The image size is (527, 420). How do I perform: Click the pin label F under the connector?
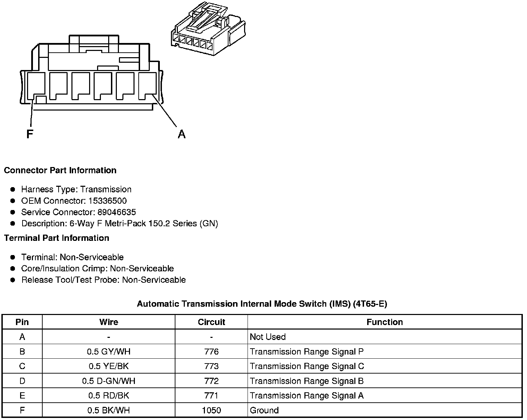point(30,134)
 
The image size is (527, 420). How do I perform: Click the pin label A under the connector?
point(181,134)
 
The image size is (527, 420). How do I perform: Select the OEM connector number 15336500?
point(107,201)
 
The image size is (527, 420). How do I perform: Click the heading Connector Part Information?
point(60,170)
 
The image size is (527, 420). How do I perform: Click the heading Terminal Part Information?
point(57,238)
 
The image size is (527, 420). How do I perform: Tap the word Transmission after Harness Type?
point(106,190)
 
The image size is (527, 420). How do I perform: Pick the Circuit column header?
point(211,322)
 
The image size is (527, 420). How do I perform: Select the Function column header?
point(385,322)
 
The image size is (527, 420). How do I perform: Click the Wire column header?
point(109,322)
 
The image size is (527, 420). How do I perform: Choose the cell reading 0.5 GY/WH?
point(109,352)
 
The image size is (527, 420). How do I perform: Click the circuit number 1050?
point(211,411)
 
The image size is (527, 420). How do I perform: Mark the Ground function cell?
point(264,411)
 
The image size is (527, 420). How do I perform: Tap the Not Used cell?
point(268,337)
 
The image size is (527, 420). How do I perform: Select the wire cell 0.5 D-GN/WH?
point(109,381)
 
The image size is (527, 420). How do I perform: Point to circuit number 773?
point(211,366)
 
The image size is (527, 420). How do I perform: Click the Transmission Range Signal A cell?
point(306,396)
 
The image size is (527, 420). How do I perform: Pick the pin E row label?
point(22,396)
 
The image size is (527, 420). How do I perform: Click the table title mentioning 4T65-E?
point(262,304)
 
